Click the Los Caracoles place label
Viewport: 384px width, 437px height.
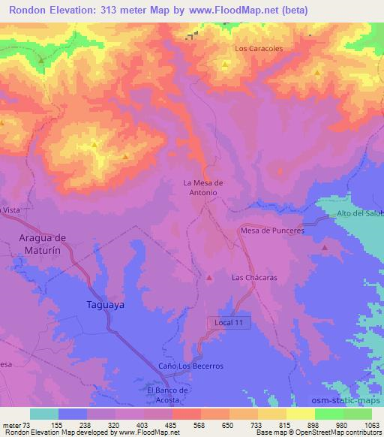259,48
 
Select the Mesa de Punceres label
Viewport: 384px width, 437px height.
272,231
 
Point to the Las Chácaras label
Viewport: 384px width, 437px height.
254,277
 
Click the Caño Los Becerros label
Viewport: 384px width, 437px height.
190,366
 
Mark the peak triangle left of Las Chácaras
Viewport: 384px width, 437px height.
209,278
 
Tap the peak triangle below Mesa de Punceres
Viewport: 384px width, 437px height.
325,247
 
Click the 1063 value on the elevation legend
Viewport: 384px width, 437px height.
371,424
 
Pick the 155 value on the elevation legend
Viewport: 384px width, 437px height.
57,424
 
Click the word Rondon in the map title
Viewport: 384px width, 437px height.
31,11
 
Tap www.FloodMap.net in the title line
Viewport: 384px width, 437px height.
232,11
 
